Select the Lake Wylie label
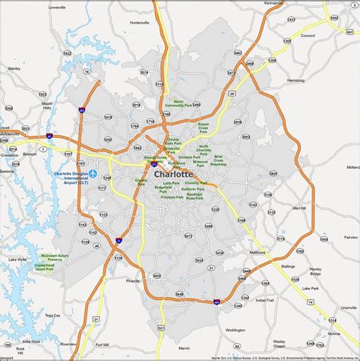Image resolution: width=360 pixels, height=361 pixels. [17, 261]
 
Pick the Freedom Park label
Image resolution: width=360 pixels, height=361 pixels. [172, 198]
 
